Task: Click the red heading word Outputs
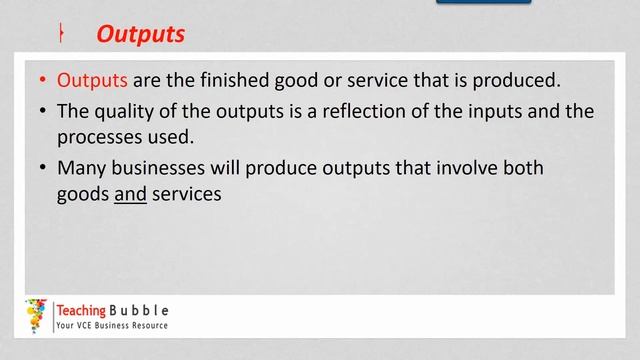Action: [140, 34]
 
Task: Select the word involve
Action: [466, 169]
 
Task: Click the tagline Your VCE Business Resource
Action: [112, 326]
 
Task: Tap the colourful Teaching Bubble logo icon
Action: [38, 315]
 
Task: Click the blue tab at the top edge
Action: [483, 3]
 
